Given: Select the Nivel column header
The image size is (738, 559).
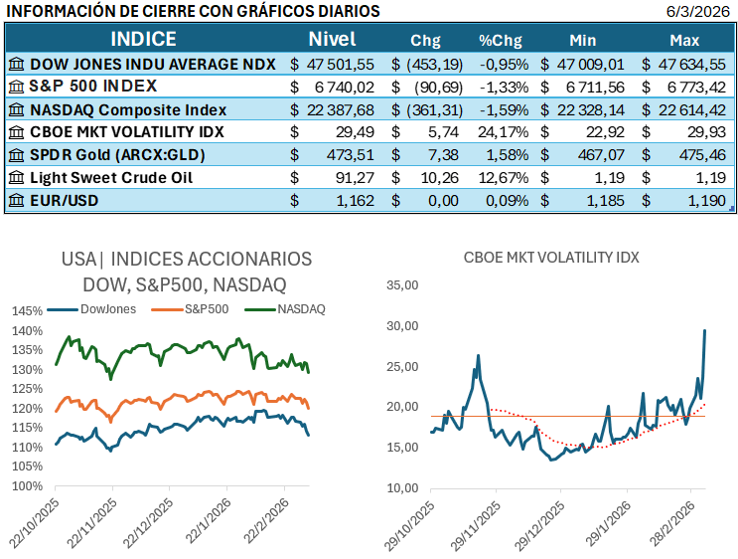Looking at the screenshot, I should tap(332, 40).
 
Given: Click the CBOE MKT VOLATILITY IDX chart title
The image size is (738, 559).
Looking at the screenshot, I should tap(551, 257).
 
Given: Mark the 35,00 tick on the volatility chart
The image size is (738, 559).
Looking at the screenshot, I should tap(402, 284).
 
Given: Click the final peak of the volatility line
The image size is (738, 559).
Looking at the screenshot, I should tap(705, 330).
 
